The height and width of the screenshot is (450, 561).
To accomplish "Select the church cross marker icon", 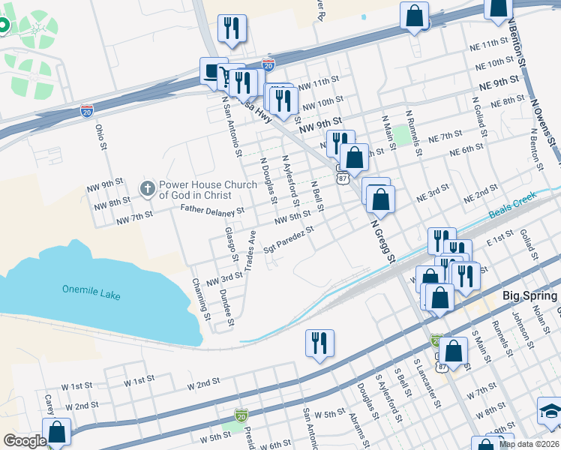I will (x=148, y=187).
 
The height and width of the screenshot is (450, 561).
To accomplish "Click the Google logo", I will (x=25, y=441).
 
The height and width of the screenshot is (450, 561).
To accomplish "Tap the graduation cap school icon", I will (x=550, y=411).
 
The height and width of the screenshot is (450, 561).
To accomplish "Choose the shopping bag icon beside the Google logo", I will (x=56, y=431).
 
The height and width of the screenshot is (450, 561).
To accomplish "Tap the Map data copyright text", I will (x=529, y=444).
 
